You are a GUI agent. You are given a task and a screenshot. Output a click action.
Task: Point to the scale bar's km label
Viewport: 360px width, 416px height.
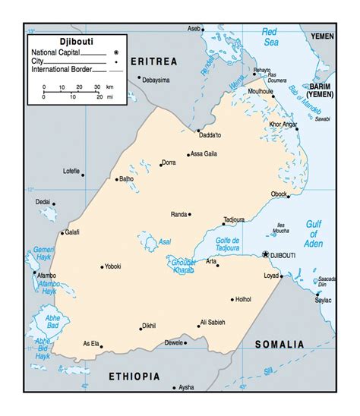point(109,87)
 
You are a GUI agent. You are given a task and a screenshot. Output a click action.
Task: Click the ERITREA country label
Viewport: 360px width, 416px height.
point(153,60)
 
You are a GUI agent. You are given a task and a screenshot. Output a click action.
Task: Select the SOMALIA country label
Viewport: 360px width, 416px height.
point(279,344)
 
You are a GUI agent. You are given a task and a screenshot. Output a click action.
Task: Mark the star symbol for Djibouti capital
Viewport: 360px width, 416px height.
point(266,254)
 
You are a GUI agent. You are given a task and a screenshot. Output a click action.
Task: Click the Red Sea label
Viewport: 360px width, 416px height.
point(270,36)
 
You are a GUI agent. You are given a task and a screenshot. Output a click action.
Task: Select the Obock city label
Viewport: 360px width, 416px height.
point(279,194)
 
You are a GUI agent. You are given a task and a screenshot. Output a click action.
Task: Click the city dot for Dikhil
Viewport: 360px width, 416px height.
point(141,329)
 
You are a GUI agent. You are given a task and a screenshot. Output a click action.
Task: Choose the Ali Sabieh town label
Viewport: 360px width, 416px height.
point(213,322)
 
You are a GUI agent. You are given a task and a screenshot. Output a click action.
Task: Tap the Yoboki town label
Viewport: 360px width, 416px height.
point(113,266)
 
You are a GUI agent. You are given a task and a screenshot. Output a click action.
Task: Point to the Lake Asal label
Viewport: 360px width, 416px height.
point(164,242)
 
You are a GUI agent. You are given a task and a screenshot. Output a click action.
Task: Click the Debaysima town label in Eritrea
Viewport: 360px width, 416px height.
point(157,79)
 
